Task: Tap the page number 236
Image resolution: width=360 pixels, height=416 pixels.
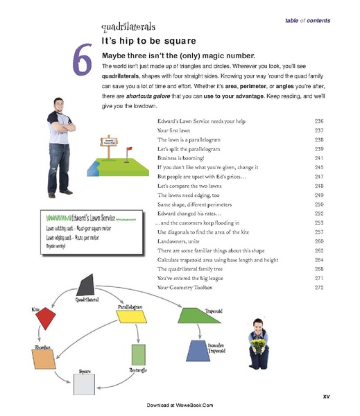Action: pos(319,121)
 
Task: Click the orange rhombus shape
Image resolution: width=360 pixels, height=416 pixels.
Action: pos(43,359)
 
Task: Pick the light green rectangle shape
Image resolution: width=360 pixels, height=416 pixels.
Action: pos(138,356)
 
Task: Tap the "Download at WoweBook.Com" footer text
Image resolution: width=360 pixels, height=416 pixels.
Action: pos(180,404)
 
